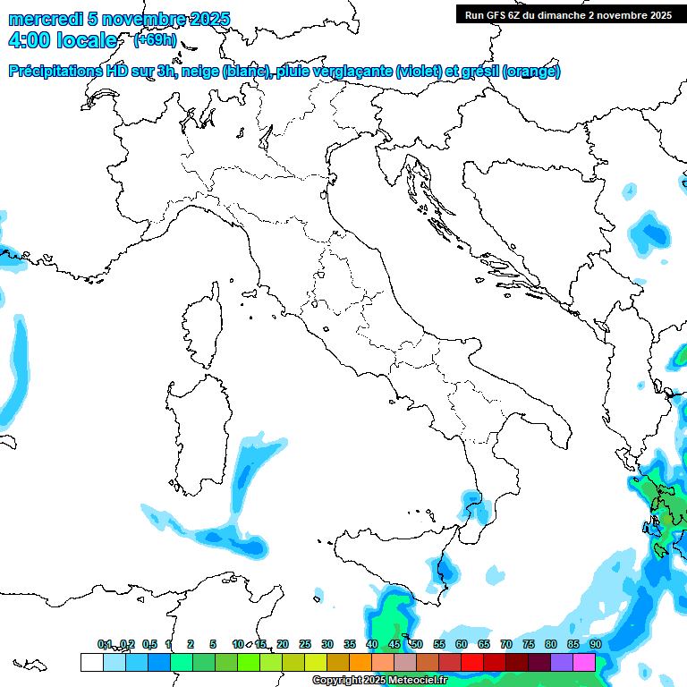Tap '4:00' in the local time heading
point(28,40)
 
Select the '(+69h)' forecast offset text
point(155,40)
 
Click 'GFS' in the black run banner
point(496,15)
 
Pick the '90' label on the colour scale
point(595,644)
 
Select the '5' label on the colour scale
point(213,644)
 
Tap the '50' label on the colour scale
point(416,644)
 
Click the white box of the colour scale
point(91,662)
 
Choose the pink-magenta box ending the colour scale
point(584,662)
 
